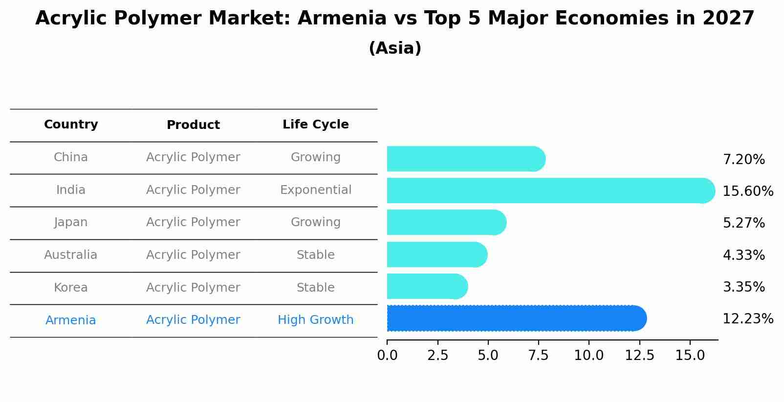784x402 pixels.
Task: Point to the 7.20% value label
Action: pos(743,160)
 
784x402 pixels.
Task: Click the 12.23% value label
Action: pos(747,319)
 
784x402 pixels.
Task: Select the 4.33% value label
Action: pos(743,255)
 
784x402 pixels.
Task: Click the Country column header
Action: pos(71,125)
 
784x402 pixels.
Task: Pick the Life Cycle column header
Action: pos(315,125)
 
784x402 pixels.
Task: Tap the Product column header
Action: pos(193,125)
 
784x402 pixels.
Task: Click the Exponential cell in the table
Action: pos(315,190)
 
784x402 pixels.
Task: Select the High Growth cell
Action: pos(315,320)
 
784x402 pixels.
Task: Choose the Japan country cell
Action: pos(71,222)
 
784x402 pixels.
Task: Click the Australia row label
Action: pos(71,255)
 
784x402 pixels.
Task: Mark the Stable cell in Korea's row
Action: pos(315,288)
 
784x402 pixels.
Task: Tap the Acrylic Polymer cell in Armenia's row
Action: pos(193,320)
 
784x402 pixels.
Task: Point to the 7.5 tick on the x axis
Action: pos(538,356)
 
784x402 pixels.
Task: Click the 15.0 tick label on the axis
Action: pos(690,356)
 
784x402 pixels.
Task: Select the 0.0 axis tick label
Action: pos(387,356)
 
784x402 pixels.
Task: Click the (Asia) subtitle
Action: pos(395,48)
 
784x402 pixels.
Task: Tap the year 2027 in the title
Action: pos(728,19)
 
